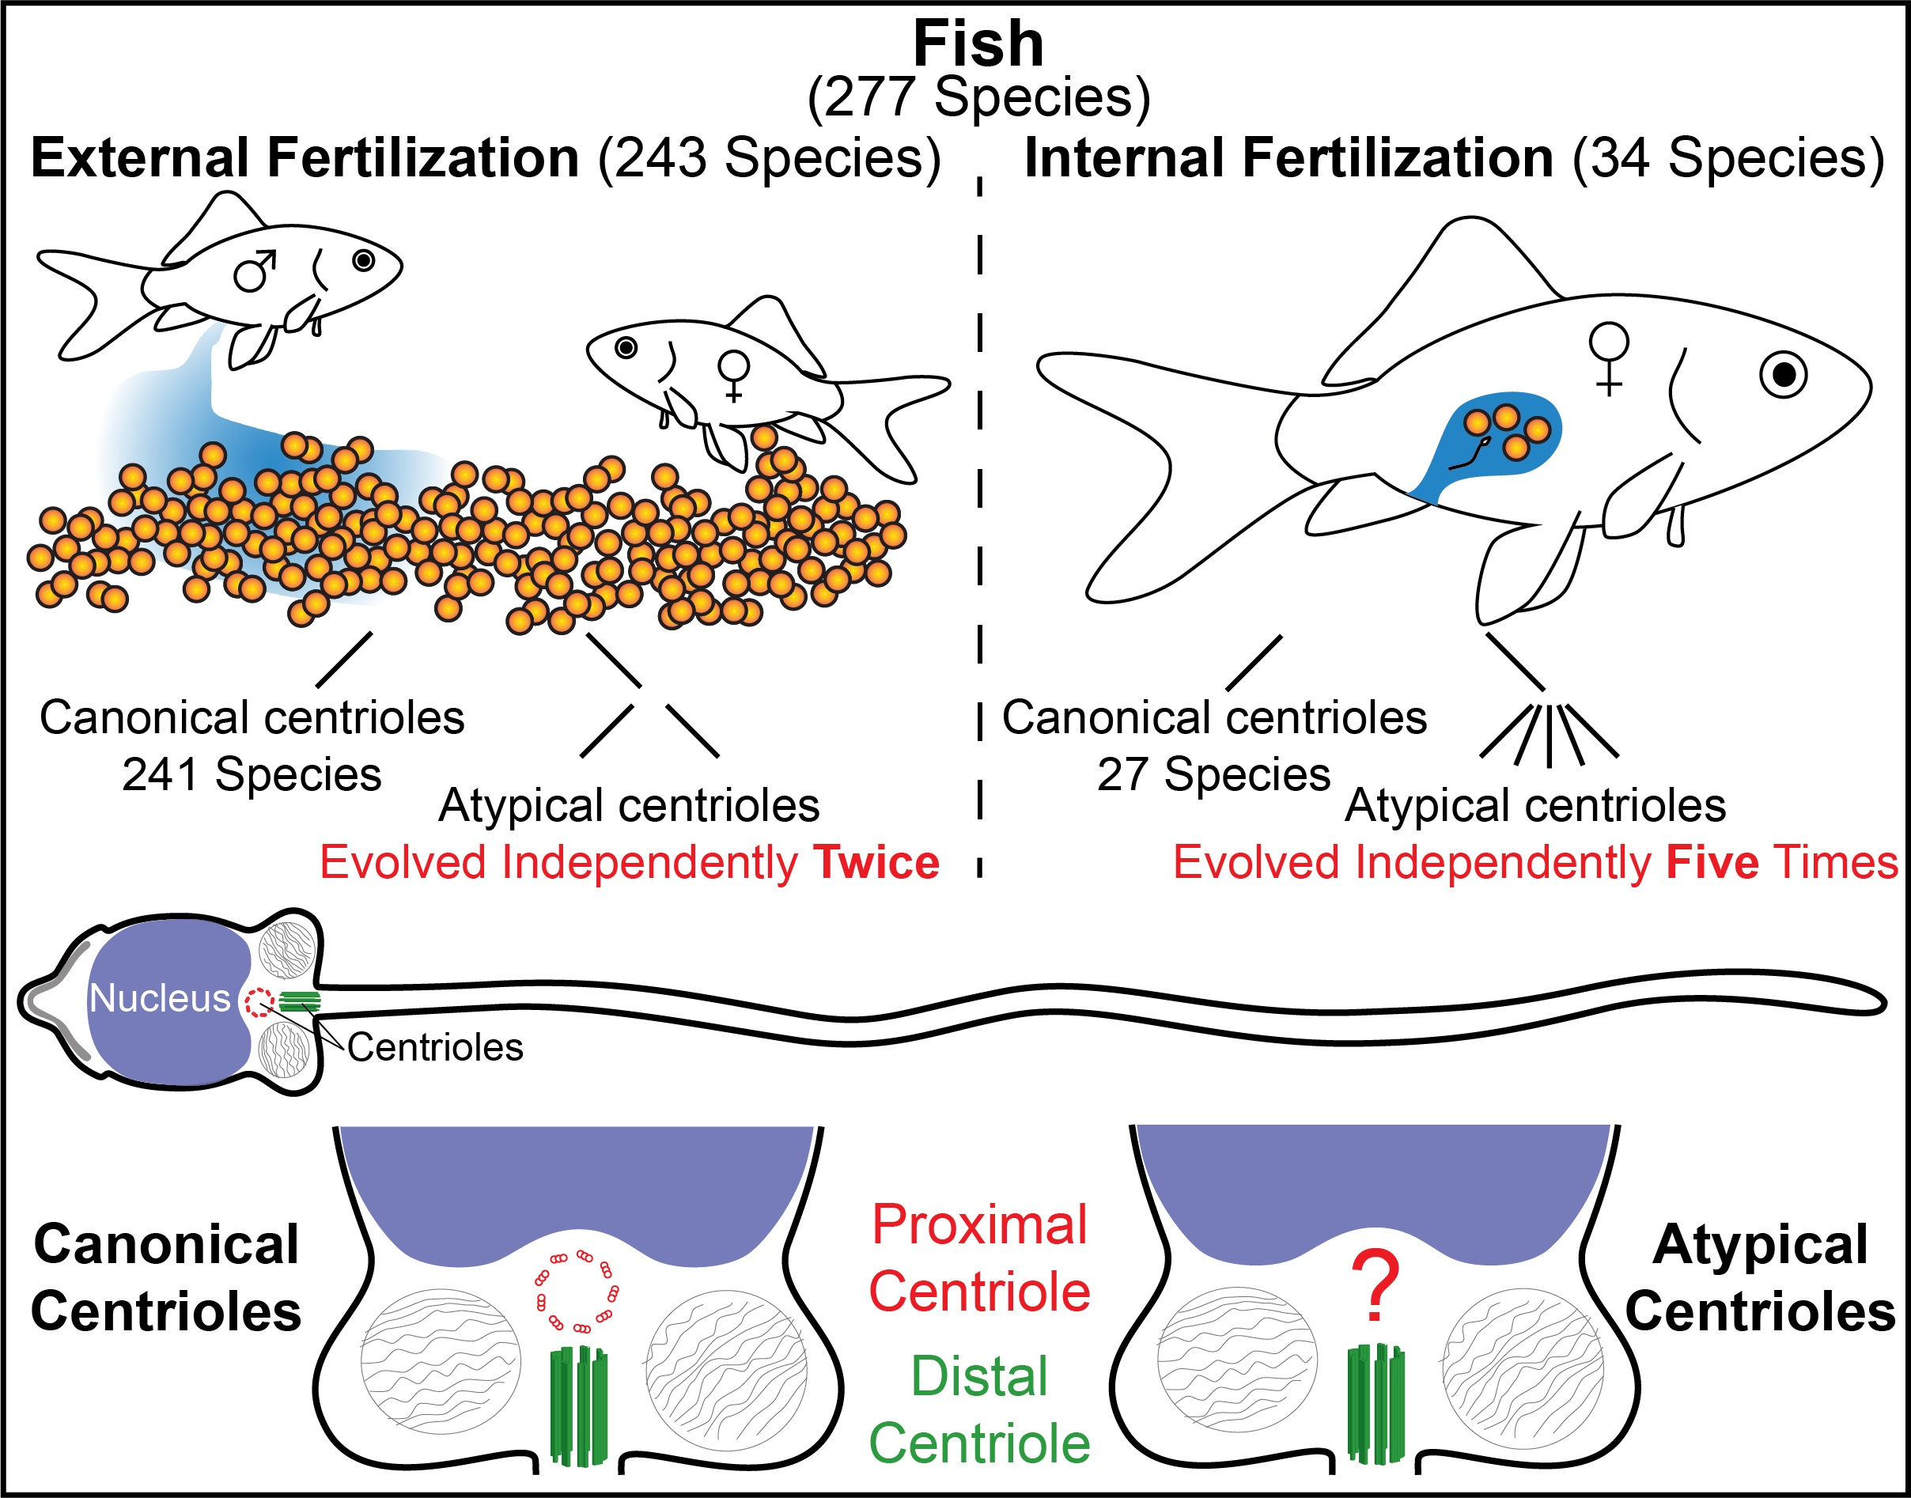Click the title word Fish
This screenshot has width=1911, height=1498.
(978, 44)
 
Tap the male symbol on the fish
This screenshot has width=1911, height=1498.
(255, 271)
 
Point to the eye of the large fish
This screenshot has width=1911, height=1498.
(1784, 376)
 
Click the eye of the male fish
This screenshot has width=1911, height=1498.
(363, 260)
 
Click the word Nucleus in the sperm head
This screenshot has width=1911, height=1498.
(160, 998)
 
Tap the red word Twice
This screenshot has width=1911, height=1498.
(876, 862)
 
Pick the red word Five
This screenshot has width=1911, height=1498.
(1712, 862)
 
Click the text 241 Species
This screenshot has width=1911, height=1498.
(252, 774)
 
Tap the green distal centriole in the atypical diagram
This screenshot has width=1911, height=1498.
(1376, 1404)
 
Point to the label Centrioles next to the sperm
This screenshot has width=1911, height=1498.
(435, 1047)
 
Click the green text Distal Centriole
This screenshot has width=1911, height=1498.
(979, 1410)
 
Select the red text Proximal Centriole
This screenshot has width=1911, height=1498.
(979, 1258)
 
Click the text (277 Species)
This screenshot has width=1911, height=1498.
(978, 97)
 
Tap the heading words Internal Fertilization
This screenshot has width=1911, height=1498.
(1289, 158)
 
